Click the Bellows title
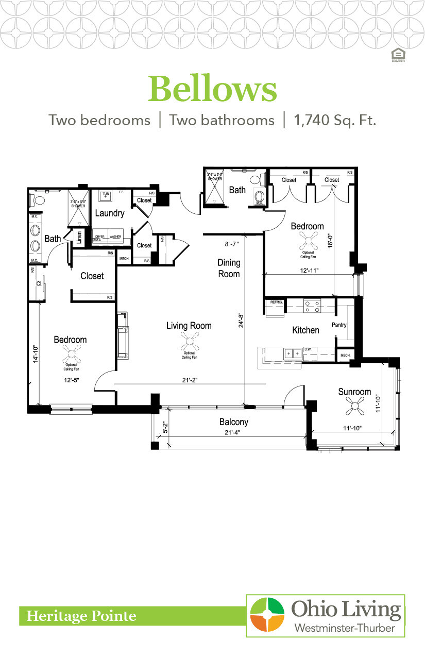click(212, 89)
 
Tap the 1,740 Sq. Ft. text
click(335, 121)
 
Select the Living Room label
click(189, 326)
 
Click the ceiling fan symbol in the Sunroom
click(354, 406)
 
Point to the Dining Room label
click(229, 268)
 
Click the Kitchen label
click(305, 330)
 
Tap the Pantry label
click(339, 325)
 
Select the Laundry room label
click(110, 213)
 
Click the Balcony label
click(234, 422)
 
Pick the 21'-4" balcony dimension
click(234, 433)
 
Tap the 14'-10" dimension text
click(36, 355)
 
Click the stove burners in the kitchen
click(312, 307)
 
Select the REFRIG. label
click(274, 302)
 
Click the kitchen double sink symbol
click(294, 353)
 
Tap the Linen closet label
click(79, 238)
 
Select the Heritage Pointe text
click(81, 616)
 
